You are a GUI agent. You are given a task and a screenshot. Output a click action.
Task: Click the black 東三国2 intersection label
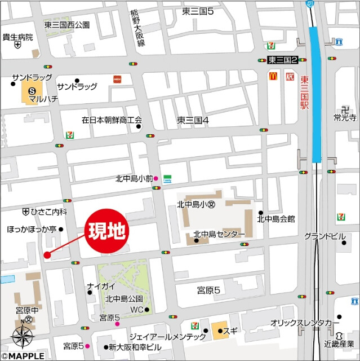(x=286, y=60)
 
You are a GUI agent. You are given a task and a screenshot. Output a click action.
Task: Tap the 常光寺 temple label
(x=345, y=118)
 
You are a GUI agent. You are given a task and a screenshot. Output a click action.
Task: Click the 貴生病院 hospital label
(x=17, y=37)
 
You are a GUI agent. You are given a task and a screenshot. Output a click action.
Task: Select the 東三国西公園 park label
(x=66, y=25)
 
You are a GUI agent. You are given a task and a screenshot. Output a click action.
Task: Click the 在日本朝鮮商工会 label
(x=112, y=120)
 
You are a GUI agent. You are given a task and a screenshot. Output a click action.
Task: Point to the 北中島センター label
(x=219, y=234)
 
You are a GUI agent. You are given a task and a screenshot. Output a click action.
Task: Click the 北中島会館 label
(x=276, y=219)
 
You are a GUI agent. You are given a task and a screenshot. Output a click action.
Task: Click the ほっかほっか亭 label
(x=32, y=229)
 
